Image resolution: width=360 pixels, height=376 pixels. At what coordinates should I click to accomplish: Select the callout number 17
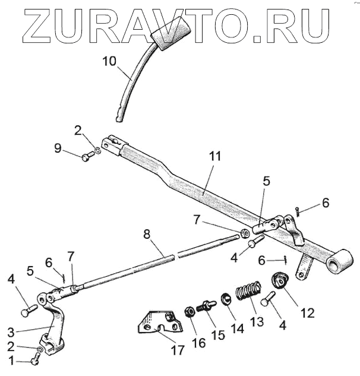pyautogui.click(x=178, y=350)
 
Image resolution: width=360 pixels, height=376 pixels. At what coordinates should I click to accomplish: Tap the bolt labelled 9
pyautogui.click(x=87, y=157)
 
